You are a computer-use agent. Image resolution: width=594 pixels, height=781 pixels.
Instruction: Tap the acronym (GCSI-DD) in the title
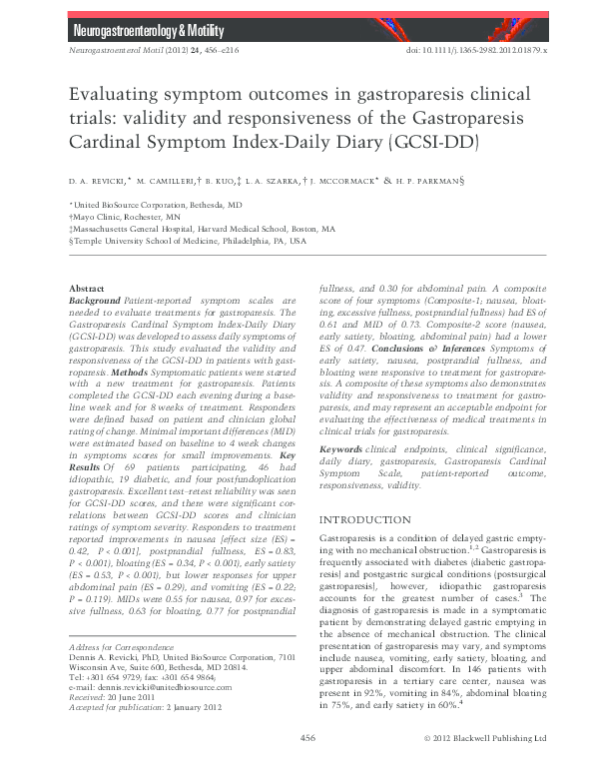coord(435,141)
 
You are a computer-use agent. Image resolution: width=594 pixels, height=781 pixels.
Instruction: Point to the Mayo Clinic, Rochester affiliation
coord(112,216)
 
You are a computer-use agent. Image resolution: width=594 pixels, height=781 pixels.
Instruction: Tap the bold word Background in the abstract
coord(94,300)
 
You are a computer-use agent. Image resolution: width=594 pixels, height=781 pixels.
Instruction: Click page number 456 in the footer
coord(307,765)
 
